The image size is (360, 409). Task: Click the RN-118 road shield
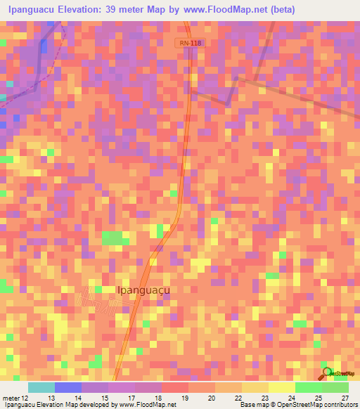pos(190,44)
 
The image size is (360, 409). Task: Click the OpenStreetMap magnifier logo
pos(327,372)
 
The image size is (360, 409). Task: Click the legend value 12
pos(25,398)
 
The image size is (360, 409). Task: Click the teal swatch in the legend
pos(41,387)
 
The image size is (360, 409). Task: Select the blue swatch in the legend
pos(68,387)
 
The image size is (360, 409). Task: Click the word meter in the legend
pos(11,398)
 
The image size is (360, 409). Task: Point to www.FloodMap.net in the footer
pos(140,405)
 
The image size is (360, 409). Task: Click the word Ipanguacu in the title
pos(32,10)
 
